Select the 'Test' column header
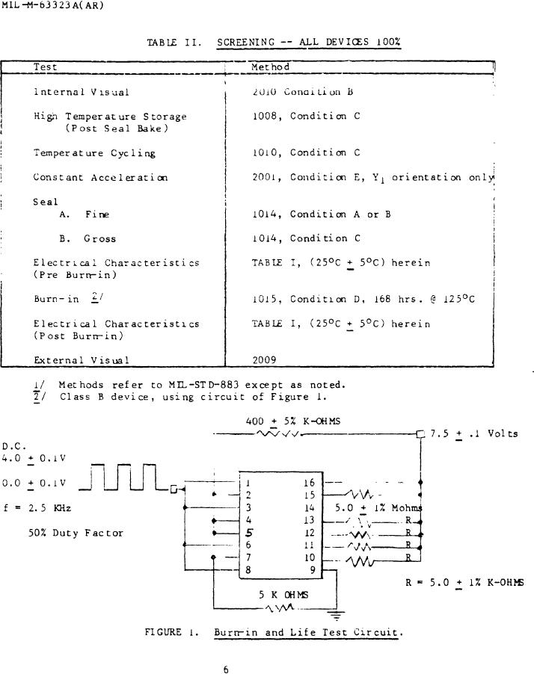pos(45,67)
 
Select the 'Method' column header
pos(271,67)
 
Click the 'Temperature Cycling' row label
pos(94,153)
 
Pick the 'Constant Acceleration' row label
pos(100,178)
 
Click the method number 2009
pos(265,359)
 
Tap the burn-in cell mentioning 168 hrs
pos(363,300)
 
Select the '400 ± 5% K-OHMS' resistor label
pos(293,421)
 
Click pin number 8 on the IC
pos(248,569)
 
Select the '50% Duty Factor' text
pos(76,533)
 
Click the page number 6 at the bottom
pos(226,670)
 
